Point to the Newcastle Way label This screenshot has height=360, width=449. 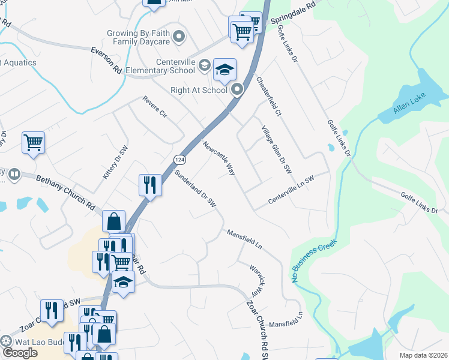click(218, 158)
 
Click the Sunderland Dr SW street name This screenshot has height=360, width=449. click(195, 188)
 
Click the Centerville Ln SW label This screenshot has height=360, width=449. click(291, 189)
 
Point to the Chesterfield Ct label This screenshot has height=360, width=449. click(268, 96)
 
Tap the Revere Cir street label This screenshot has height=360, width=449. click(154, 106)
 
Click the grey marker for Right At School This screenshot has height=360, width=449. click(237, 90)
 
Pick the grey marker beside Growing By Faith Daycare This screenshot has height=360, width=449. click(178, 38)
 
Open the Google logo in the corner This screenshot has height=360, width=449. click(20, 352)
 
